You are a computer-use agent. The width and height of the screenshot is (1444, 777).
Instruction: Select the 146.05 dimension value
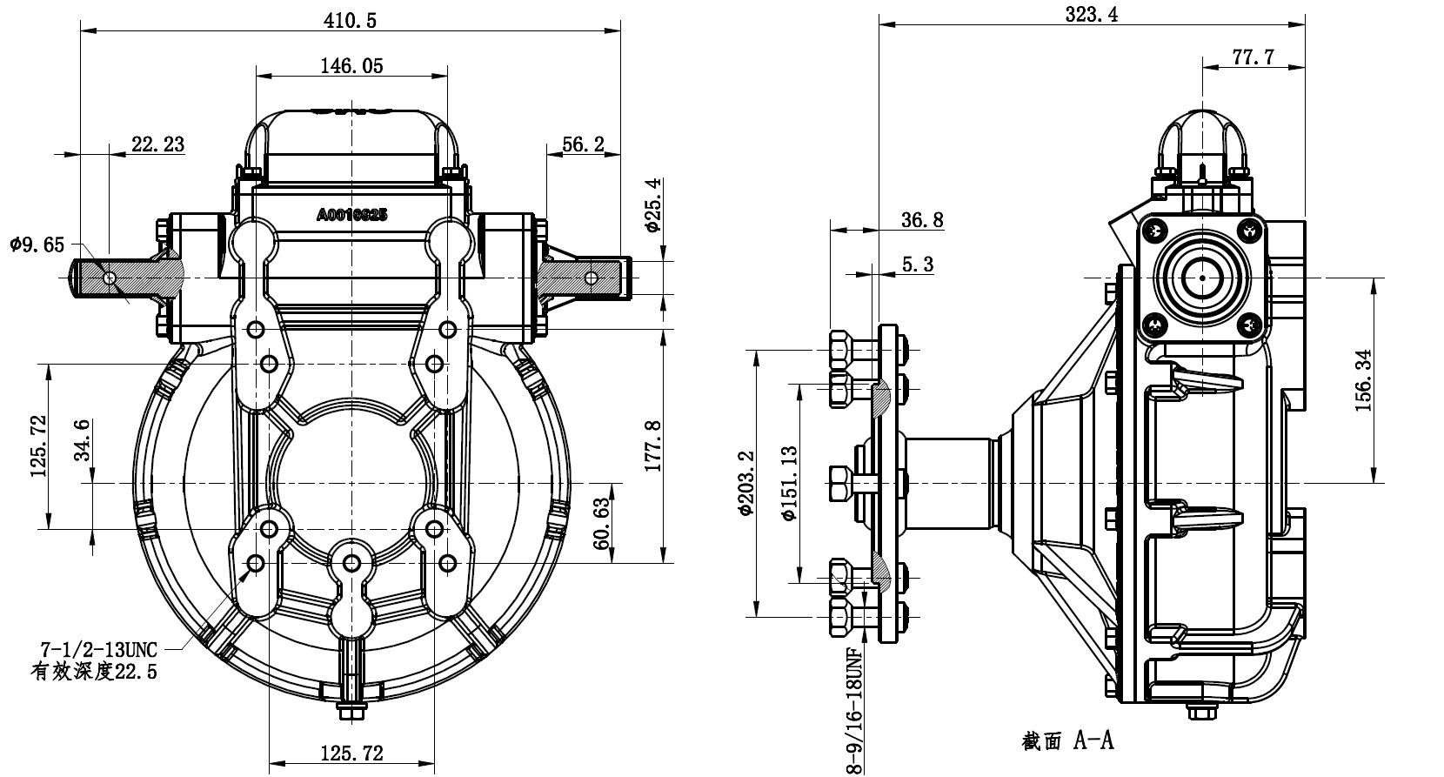coord(351,65)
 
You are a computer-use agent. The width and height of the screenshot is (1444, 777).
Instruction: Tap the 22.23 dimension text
coord(157,144)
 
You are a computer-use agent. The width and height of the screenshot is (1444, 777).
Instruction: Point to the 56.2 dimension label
coord(583,144)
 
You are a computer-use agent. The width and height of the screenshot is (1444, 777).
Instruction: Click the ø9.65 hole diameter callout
coord(37,244)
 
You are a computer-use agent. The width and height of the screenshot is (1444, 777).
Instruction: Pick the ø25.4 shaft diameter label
coord(654,205)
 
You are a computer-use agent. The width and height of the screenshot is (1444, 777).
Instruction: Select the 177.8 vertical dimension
coord(654,446)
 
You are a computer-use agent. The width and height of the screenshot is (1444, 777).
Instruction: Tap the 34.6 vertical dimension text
coord(83,443)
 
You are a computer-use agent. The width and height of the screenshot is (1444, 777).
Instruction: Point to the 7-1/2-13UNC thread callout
coord(99,649)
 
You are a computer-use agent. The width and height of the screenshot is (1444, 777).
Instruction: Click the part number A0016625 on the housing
coord(352,214)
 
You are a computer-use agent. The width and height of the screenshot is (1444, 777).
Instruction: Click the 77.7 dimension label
coord(1253,57)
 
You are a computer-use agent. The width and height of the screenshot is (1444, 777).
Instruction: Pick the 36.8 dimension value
coord(922,219)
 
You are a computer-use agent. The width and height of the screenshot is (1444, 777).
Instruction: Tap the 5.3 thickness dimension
coord(917,264)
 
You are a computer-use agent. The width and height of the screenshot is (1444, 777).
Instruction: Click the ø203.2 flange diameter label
coord(745,483)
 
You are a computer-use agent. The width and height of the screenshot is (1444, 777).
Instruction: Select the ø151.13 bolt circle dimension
coord(789,483)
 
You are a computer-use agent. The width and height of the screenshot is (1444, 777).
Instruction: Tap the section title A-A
coord(1067,740)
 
